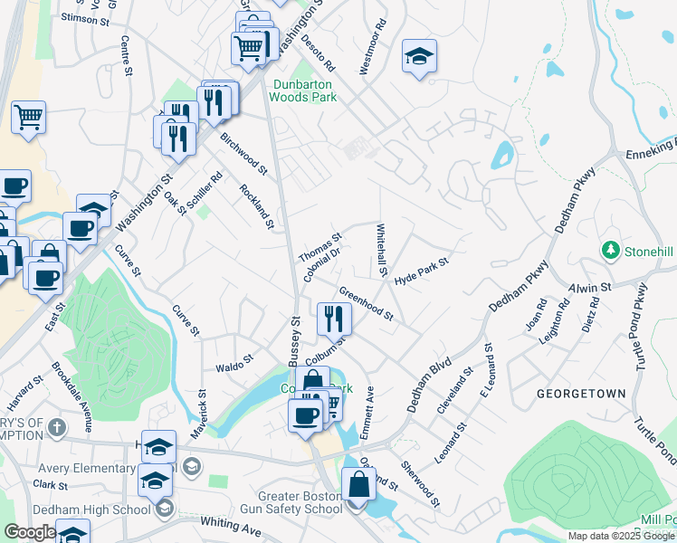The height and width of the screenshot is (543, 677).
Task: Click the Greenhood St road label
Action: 366,304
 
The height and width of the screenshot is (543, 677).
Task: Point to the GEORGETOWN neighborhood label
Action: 581,395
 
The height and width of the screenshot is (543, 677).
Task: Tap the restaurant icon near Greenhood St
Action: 334,318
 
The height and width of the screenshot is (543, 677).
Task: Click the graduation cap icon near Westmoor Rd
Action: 419,57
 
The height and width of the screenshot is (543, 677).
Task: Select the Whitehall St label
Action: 382,251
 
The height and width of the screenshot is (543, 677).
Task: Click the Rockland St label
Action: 256,205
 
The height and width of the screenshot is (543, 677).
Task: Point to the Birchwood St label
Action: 244,154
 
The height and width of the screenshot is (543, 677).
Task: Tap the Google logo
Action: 30,532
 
